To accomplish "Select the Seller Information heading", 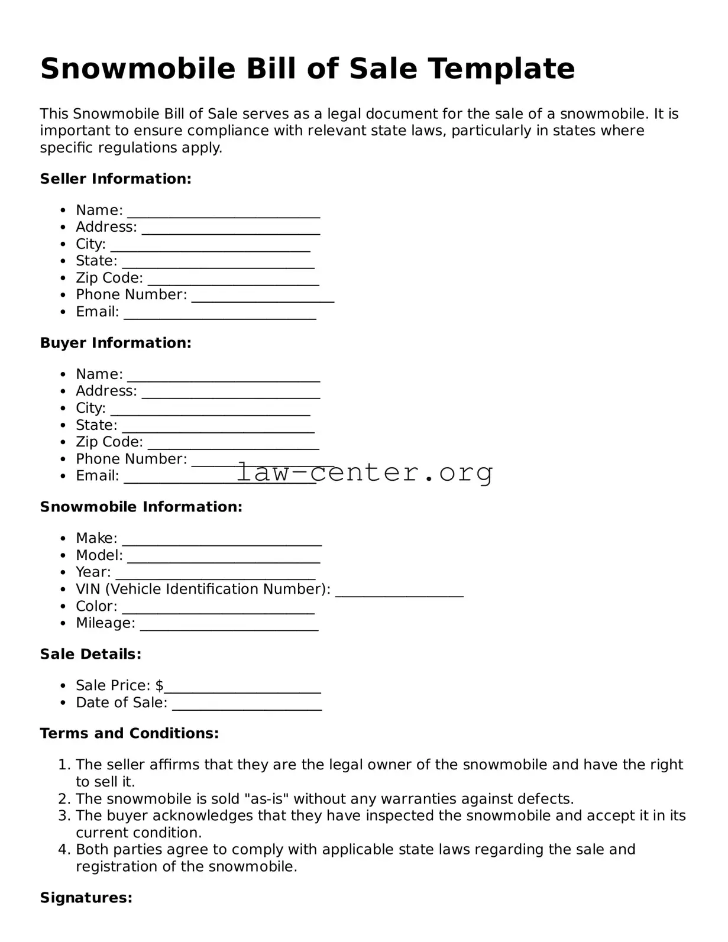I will coord(115,179).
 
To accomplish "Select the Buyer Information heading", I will coord(115,343).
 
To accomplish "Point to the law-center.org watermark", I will coord(364,472).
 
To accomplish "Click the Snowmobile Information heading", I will coord(141,507).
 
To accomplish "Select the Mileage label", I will coord(105,623).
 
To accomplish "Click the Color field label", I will coord(96,606).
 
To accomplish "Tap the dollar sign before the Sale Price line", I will coord(159,685).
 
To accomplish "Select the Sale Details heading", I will coord(90,654).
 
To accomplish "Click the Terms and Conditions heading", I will coord(129,733).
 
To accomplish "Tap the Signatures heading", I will coord(86,898).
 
